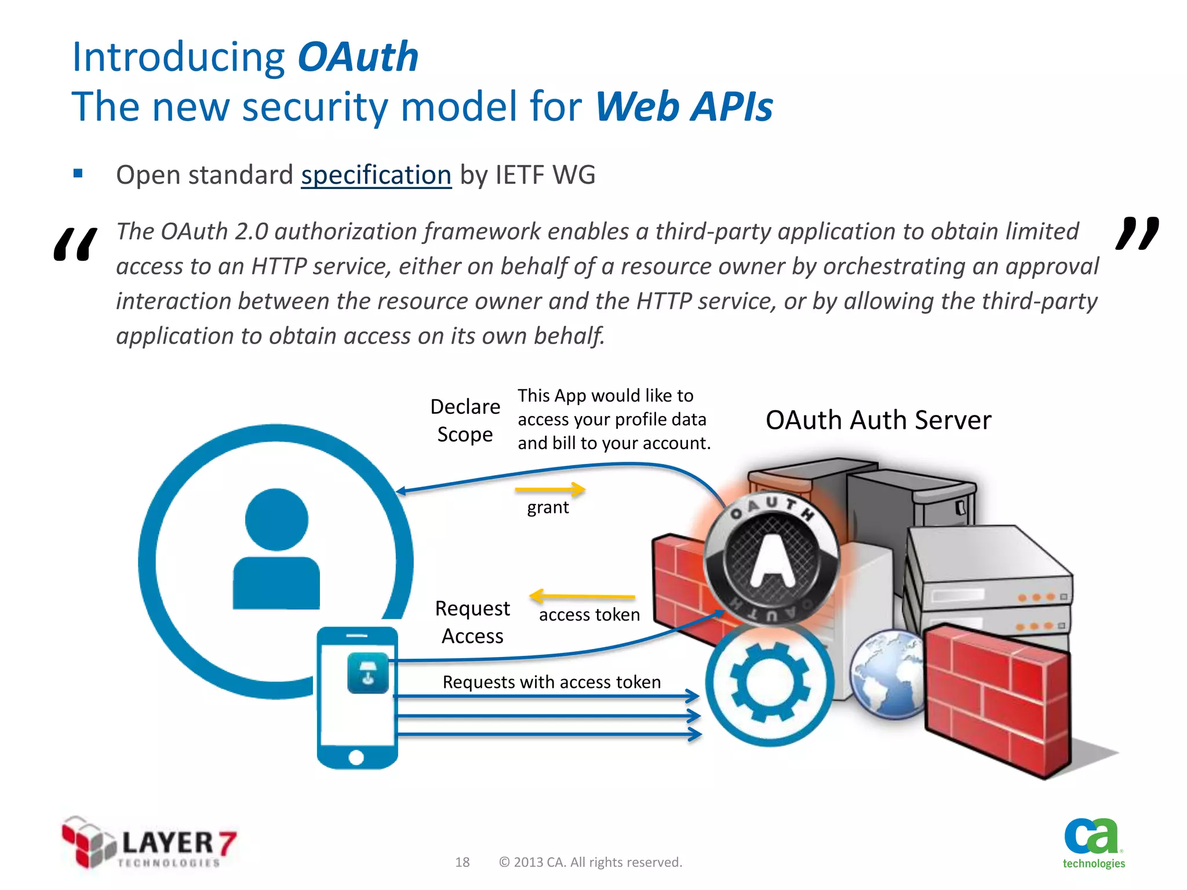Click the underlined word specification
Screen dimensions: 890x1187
pos(376,175)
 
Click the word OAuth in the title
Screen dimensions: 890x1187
pos(358,57)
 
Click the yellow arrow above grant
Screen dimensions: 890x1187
pos(550,490)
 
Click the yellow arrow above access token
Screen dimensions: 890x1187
pos(582,596)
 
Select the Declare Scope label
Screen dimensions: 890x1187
pos(465,421)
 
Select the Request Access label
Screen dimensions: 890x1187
pos(472,622)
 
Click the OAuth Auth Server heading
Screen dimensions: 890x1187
pos(877,420)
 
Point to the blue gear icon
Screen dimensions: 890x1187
pos(770,684)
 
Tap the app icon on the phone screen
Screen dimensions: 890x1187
pos(367,673)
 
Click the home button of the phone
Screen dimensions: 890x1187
pos(356,757)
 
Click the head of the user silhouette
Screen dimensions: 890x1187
pos(276,519)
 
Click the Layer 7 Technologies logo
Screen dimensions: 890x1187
pos(149,843)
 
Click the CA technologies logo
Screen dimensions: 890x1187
pos(1093,843)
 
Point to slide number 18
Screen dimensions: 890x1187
pos(462,862)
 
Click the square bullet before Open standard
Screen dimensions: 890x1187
pos(78,173)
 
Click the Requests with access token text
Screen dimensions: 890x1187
pos(551,682)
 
